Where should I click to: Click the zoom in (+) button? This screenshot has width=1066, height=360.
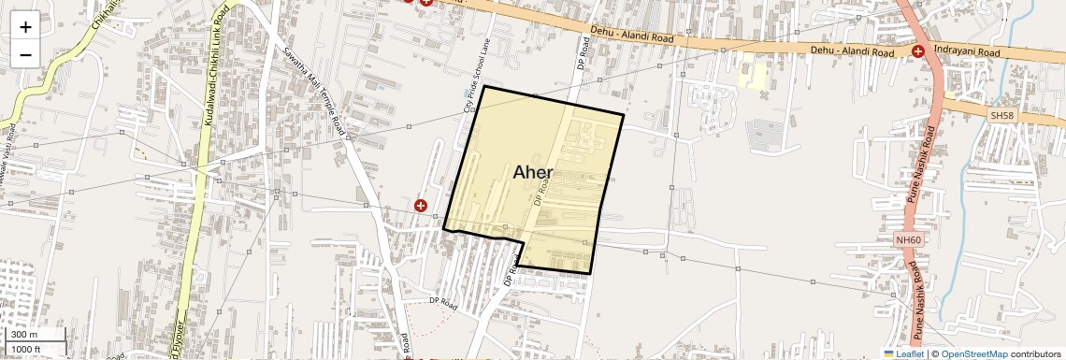coord(25,26)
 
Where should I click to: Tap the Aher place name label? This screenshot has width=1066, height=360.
coord(533,173)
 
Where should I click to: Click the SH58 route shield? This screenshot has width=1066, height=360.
coord(1001,115)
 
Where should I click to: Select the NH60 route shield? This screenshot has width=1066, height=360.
coord(906,240)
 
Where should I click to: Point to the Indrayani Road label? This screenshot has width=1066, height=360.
coord(967,54)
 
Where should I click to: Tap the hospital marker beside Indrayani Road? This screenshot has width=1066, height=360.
coord(919,51)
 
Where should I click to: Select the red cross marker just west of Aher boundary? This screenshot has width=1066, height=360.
coord(421,205)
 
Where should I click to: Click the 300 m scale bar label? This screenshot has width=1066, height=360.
coord(25,335)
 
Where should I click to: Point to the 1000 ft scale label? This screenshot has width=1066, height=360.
coord(28,349)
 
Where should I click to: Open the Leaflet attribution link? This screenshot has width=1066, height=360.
coord(904,353)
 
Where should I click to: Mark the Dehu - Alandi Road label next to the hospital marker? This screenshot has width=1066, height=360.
coord(852,50)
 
